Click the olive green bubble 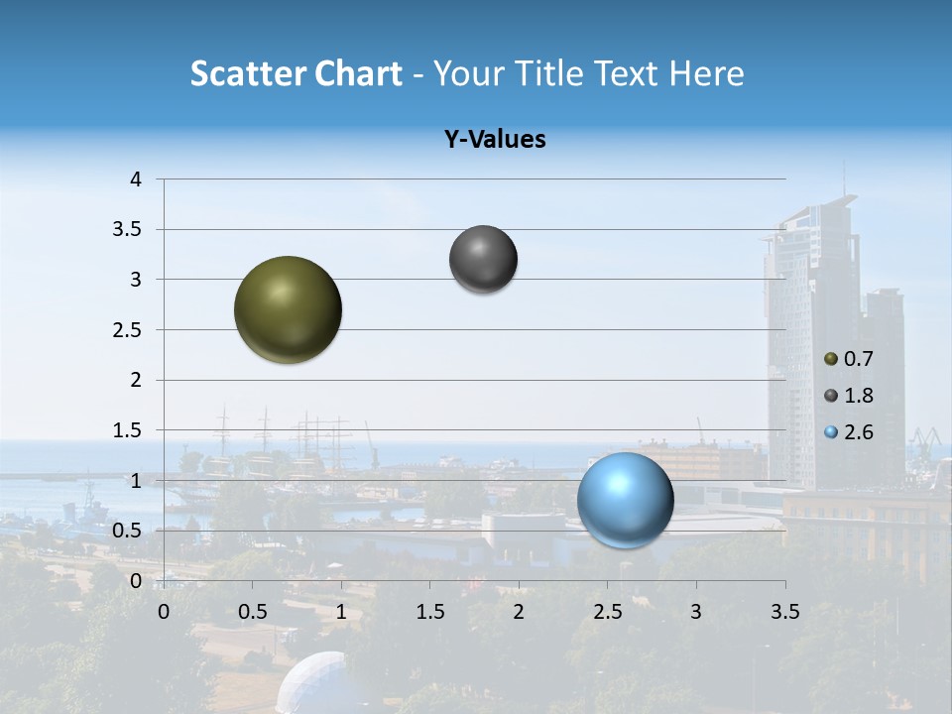[289, 309]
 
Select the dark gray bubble [483, 259]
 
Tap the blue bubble [625, 500]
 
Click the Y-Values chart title [495, 140]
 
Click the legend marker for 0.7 [831, 359]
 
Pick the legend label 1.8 [859, 396]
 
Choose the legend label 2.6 [859, 432]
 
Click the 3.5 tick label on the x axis [784, 612]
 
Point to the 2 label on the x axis [518, 612]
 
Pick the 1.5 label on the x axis [429, 612]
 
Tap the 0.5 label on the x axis [253, 612]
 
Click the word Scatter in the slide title [247, 73]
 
